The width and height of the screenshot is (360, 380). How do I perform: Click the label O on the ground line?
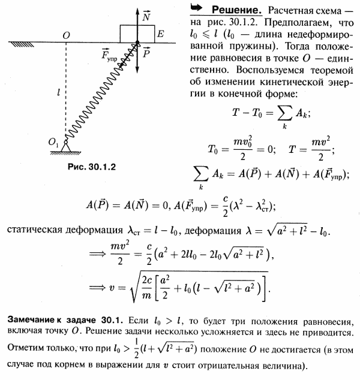tap(66, 36)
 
